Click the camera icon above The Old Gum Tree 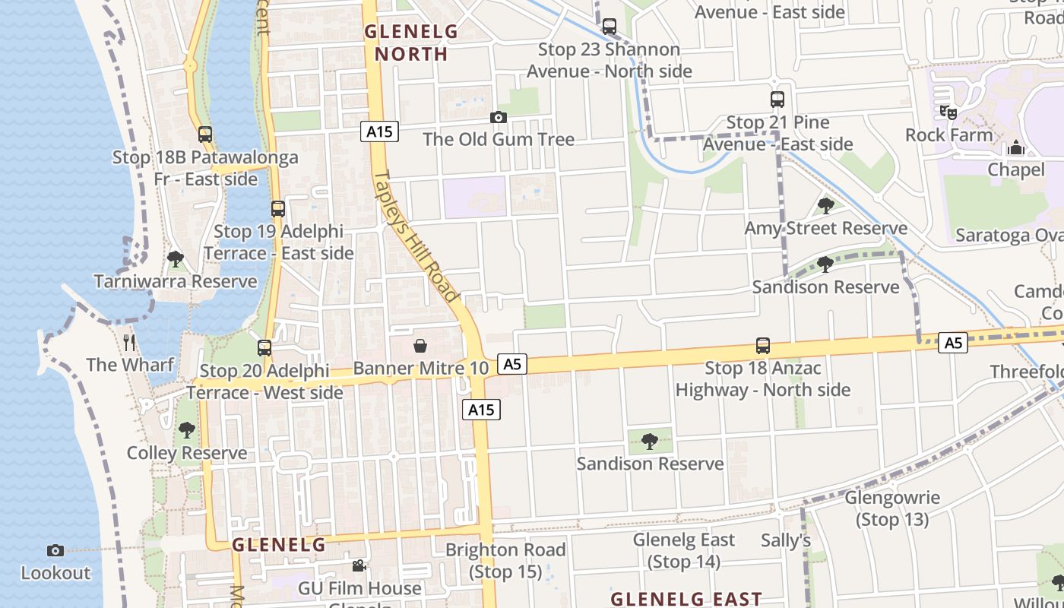(x=498, y=117)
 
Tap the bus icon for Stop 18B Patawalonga (x=205, y=135)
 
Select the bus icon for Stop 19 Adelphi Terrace (x=278, y=208)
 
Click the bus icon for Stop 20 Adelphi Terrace (x=264, y=347)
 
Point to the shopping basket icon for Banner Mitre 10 (x=420, y=347)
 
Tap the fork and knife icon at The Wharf (x=129, y=342)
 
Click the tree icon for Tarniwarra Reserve (x=176, y=259)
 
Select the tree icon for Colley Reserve (x=187, y=430)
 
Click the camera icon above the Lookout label (x=55, y=550)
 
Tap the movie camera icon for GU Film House (x=359, y=566)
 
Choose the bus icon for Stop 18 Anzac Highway (x=763, y=346)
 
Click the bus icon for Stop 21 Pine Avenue (x=777, y=100)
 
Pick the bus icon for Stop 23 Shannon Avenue (x=610, y=27)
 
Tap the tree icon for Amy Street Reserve (x=826, y=205)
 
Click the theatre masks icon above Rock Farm (x=948, y=112)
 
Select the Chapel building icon (x=1016, y=147)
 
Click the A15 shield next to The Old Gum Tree (x=379, y=131)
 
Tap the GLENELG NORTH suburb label (x=411, y=43)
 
